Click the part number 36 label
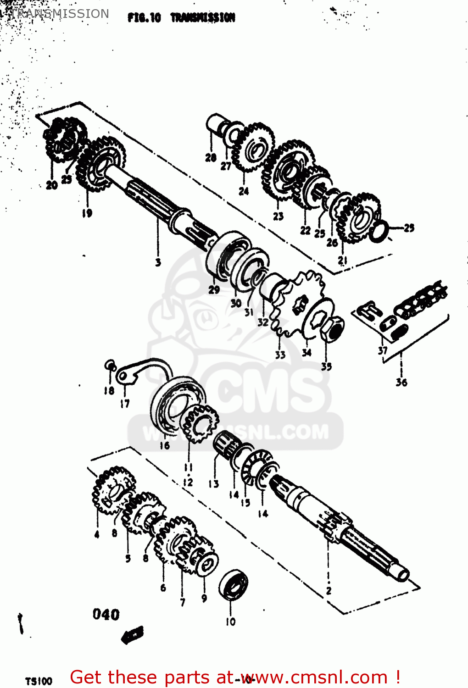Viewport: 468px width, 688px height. [401, 382]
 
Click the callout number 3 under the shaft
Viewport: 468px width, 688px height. [158, 262]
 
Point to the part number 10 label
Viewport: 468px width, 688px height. [230, 621]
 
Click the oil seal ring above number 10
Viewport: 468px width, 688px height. [233, 585]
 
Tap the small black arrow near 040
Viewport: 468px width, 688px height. [133, 635]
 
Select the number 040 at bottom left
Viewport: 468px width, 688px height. [106, 614]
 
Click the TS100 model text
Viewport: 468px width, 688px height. [39, 681]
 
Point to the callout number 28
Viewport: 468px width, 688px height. [211, 158]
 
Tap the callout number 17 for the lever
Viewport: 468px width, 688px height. [125, 404]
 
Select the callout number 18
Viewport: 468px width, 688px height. [109, 390]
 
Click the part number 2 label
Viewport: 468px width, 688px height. [329, 590]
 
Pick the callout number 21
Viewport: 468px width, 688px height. [342, 261]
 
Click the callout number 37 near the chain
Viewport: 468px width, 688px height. [383, 350]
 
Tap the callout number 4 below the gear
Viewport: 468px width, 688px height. [97, 534]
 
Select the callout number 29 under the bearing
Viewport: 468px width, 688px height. [214, 289]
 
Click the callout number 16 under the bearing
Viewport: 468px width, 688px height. [164, 445]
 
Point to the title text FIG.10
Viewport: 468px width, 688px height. [144, 18]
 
